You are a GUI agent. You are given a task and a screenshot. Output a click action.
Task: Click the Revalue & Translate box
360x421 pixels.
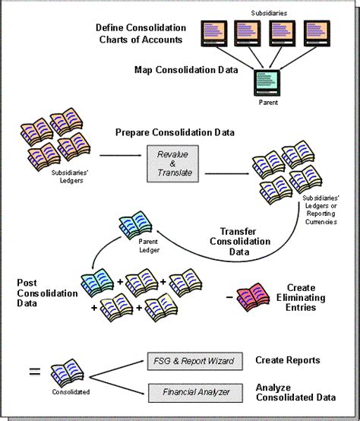pos(172,164)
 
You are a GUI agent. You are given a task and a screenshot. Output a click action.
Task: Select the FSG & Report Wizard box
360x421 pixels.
pos(195,361)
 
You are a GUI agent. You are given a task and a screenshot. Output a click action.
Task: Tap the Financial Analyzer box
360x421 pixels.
pos(195,393)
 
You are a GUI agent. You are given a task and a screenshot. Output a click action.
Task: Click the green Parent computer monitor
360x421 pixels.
pos(267,83)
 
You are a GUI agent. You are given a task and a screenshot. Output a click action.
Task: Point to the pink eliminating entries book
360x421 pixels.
pos(253,297)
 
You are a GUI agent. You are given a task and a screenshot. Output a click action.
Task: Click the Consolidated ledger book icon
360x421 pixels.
pos(68,373)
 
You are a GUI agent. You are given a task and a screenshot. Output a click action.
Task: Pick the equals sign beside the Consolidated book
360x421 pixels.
pos(35,372)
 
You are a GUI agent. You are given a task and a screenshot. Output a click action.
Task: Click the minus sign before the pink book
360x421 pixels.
pos(229,297)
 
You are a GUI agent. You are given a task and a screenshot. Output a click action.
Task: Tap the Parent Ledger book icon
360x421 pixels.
pos(135,225)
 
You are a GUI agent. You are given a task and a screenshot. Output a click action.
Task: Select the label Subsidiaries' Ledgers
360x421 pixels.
pos(70,176)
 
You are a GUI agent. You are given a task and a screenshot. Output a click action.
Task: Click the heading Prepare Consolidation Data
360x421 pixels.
pos(175,132)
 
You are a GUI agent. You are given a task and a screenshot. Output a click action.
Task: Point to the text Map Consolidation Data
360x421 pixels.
pos(186,70)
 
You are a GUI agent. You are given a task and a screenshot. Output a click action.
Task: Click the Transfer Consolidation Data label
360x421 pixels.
pos(240,242)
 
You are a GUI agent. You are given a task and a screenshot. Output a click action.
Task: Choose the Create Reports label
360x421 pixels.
pos(288,360)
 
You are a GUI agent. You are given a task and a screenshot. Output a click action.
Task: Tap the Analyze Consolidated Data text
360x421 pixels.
pos(295,392)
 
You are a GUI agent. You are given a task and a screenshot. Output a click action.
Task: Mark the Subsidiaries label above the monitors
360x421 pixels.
pos(269,13)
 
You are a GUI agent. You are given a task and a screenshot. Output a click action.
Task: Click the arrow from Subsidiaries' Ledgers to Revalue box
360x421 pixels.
pos(121,155)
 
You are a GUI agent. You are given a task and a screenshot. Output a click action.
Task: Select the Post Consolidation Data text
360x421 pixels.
pos(47,293)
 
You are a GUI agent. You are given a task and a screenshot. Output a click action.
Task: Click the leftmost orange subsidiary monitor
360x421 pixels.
pos(214,33)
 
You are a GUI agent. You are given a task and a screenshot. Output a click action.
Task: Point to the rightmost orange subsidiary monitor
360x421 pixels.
pos(317,33)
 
